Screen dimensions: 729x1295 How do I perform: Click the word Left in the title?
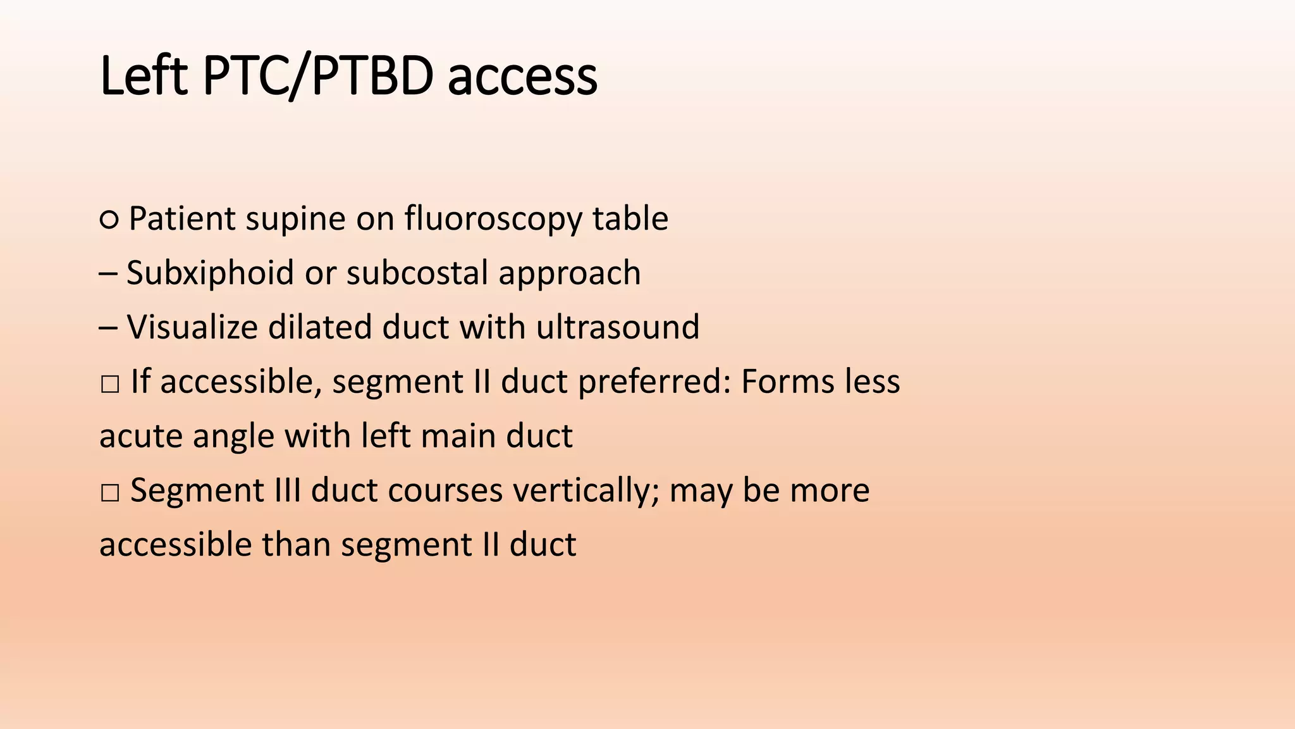pyautogui.click(x=144, y=76)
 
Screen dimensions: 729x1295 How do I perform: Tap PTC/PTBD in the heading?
pyautogui.click(x=318, y=76)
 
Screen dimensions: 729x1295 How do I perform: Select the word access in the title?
pyautogui.click(x=522, y=77)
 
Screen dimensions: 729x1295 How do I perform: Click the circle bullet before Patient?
pyautogui.click(x=109, y=220)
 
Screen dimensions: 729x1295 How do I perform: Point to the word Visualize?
pyautogui.click(x=192, y=327)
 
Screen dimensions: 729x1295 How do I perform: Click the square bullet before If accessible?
pyautogui.click(x=109, y=383)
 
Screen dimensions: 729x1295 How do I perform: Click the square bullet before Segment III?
pyautogui.click(x=109, y=492)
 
